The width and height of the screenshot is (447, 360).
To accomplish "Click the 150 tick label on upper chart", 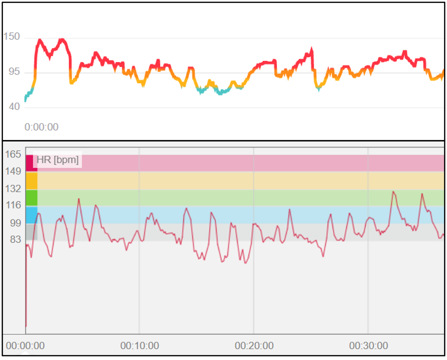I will pyautogui.click(x=12, y=37).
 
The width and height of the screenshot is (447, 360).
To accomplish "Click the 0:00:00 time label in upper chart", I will pyautogui.click(x=41, y=127).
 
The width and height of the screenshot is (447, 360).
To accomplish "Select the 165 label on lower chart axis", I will pyautogui.click(x=13, y=154).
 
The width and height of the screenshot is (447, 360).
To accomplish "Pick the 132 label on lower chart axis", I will pyautogui.click(x=13, y=189).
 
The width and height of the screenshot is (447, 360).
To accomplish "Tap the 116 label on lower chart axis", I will pyautogui.click(x=13, y=206).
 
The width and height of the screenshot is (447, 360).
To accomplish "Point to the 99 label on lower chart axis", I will pyautogui.click(x=15, y=223).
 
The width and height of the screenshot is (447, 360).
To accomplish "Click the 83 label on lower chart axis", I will pyautogui.click(x=15, y=240).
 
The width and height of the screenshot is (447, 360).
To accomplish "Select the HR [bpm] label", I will pyautogui.click(x=58, y=160).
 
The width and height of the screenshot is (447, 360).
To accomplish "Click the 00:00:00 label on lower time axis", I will pyautogui.click(x=25, y=346).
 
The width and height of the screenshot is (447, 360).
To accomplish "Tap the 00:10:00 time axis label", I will pyautogui.click(x=139, y=346).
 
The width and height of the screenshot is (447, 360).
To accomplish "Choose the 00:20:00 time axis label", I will pyautogui.click(x=254, y=346).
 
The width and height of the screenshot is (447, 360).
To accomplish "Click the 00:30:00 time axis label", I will pyautogui.click(x=368, y=346).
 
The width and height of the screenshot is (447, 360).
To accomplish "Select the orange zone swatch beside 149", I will pyautogui.click(x=31, y=181).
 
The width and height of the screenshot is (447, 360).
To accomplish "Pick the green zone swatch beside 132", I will pyautogui.click(x=31, y=198).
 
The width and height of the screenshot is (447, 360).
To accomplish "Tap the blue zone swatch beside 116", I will pyautogui.click(x=31, y=215).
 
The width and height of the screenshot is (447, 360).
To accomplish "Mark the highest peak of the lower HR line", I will pyautogui.click(x=393, y=192).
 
